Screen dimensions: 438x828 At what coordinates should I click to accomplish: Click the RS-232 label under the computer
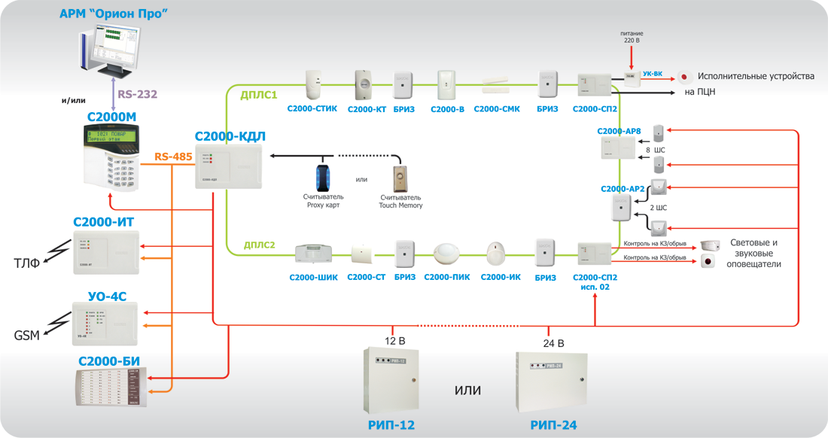[x=138, y=94]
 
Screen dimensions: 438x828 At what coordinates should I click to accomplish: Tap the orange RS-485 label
[x=173, y=157]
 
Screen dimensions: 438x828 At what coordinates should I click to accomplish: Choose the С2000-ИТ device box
[x=105, y=252]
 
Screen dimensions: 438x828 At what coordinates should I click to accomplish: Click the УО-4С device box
[x=105, y=320]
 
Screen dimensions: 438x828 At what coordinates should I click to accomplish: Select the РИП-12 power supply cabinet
[x=391, y=379]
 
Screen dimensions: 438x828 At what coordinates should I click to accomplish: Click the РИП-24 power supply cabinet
[x=552, y=382]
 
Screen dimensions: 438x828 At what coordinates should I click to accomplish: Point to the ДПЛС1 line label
[x=260, y=96]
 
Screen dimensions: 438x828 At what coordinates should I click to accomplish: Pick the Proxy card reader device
[x=323, y=175]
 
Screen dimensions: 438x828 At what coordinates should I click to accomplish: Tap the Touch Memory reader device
[x=400, y=178]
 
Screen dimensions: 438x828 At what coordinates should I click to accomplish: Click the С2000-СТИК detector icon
[x=313, y=84]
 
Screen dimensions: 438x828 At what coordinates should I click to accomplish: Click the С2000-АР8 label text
[x=619, y=131]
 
